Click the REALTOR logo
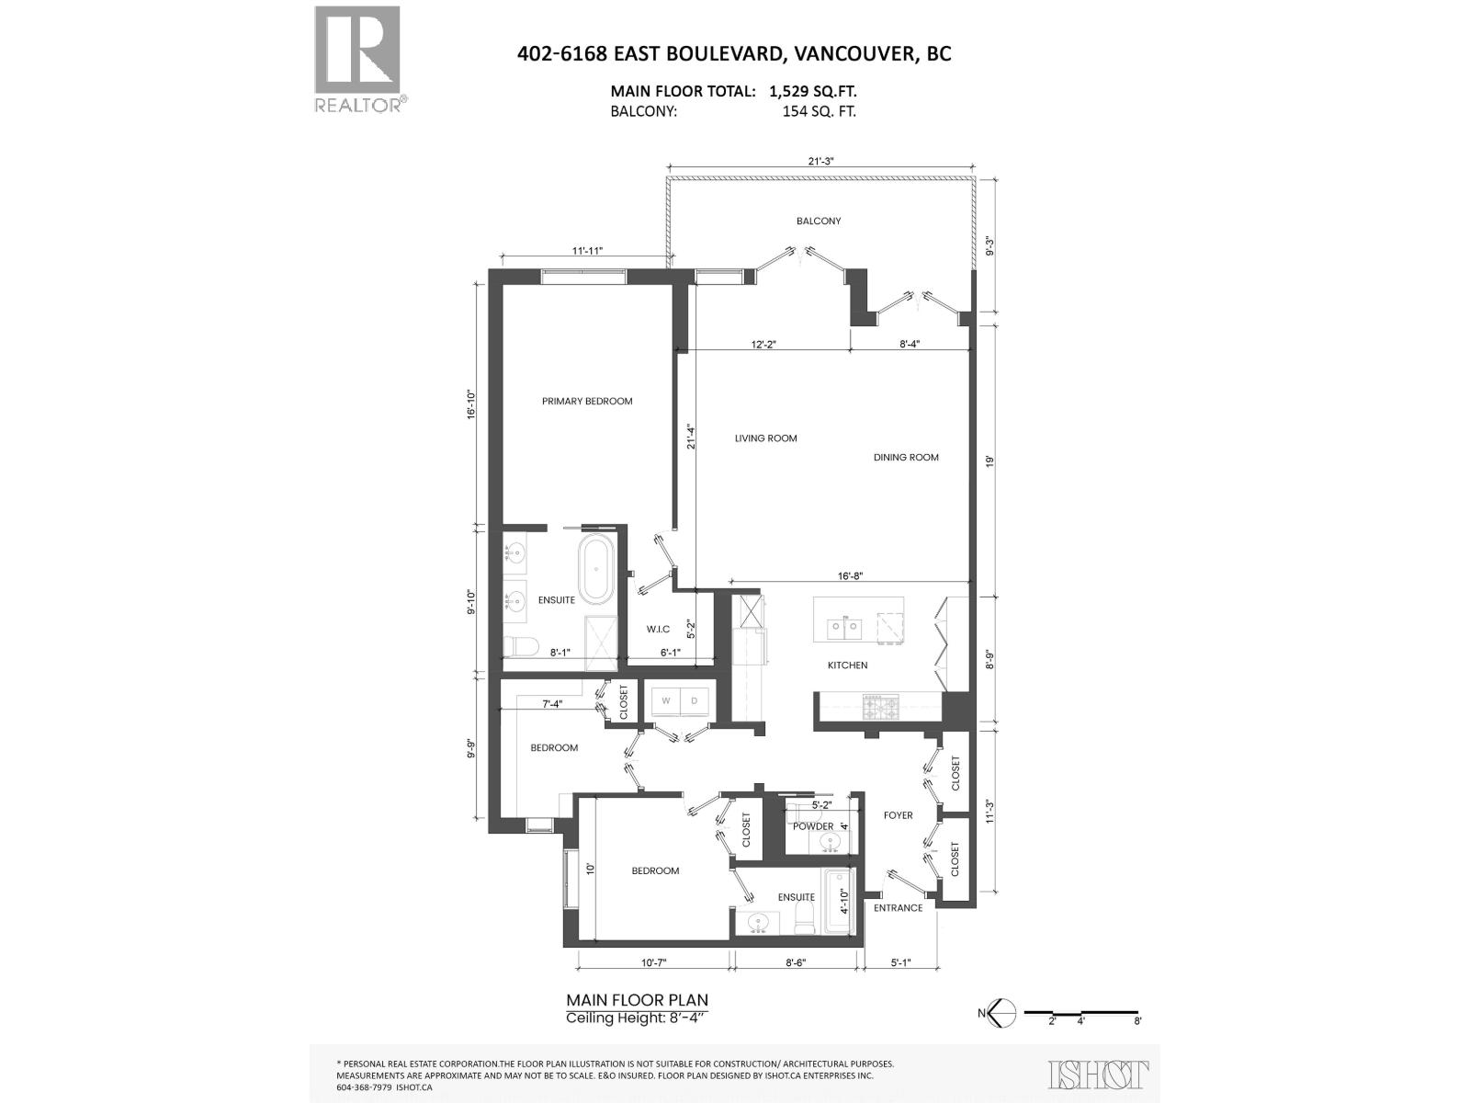coord(357,59)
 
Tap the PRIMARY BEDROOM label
coord(587,401)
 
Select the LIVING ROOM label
coord(765,438)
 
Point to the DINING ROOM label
coord(906,457)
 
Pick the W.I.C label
coord(657,629)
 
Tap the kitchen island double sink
coord(843,628)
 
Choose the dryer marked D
coord(695,701)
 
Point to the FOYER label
coord(898,815)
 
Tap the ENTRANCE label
coord(898,908)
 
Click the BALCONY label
coord(818,221)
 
